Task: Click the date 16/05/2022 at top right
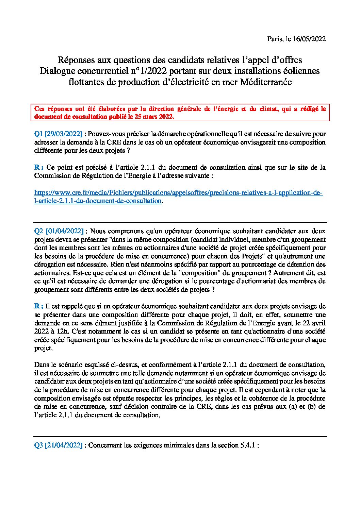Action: pos(309,39)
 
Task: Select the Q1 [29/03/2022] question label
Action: pos(58,134)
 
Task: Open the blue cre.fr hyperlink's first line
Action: pos(178,193)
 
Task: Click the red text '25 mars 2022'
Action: pos(157,116)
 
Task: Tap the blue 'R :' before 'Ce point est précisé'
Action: pos(39,167)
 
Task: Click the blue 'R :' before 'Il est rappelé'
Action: pos(39,306)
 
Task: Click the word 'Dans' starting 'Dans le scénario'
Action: pos(42,365)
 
